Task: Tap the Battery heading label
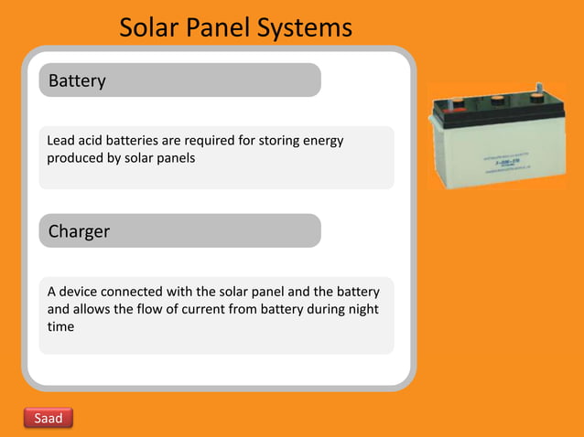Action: click(x=77, y=80)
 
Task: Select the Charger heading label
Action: click(x=79, y=231)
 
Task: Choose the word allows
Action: click(x=97, y=309)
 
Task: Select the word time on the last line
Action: click(x=60, y=326)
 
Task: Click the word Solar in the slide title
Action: click(x=150, y=28)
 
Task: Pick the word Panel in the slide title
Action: click(x=220, y=28)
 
